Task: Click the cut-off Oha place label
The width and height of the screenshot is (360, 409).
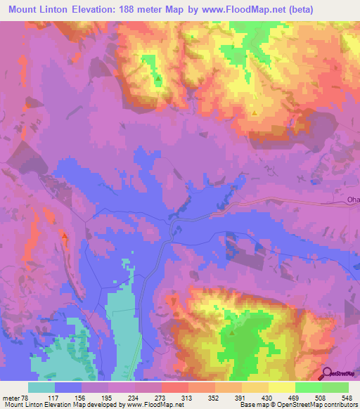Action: [x=353, y=200]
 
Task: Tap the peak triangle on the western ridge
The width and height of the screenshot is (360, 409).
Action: [x=65, y=238]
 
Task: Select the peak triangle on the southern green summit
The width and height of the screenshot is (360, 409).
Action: [x=231, y=334]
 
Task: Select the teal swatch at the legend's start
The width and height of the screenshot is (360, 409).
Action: [x=41, y=387]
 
